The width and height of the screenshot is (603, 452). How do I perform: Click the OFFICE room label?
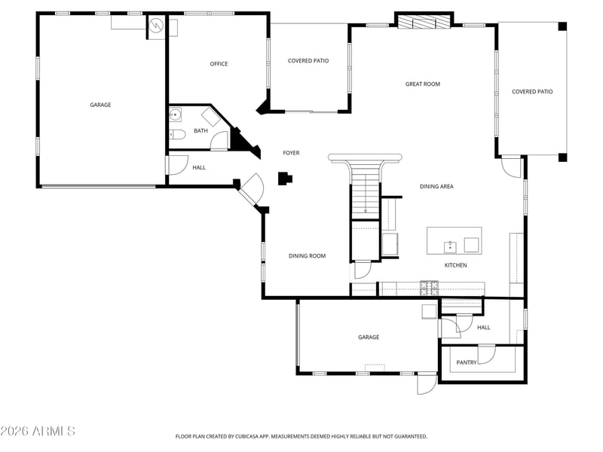pyautogui.click(x=219, y=64)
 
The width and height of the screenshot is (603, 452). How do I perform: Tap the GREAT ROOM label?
pyautogui.click(x=423, y=84)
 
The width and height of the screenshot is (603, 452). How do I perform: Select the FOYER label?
pyautogui.click(x=291, y=153)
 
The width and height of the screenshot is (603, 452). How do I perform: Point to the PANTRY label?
pyautogui.click(x=466, y=362)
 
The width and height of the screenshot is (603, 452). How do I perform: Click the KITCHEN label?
pyautogui.click(x=456, y=265)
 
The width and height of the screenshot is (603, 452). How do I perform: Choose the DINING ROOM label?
pyautogui.click(x=307, y=256)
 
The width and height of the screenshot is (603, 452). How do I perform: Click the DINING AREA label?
pyautogui.click(x=436, y=186)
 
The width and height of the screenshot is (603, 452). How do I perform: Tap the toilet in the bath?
pyautogui.click(x=177, y=134)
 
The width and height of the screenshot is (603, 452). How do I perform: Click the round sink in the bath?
pyautogui.click(x=175, y=115)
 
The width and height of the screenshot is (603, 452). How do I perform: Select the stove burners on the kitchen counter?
pyautogui.click(x=429, y=289)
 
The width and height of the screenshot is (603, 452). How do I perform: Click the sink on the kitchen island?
pyautogui.click(x=450, y=247)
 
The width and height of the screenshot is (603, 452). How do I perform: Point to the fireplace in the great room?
pyautogui.click(x=424, y=22)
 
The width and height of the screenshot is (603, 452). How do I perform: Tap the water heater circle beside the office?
pyautogui.click(x=157, y=26)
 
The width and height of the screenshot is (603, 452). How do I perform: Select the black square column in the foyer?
pyautogui.click(x=285, y=179)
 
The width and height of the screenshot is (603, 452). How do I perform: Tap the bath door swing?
pyautogui.click(x=219, y=141)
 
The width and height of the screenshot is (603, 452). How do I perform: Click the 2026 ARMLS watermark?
pyautogui.click(x=38, y=431)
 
